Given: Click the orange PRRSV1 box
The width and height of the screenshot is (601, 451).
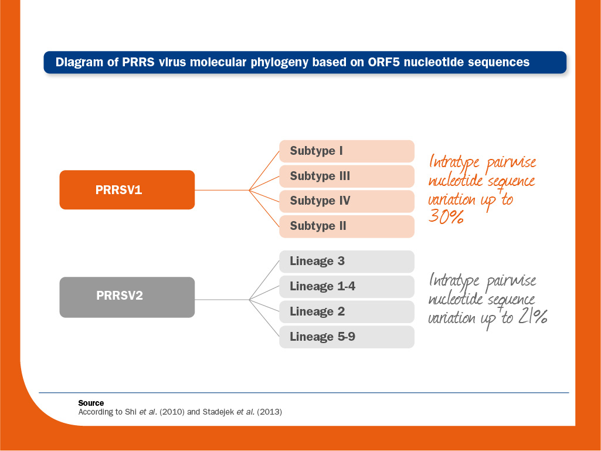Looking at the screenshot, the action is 127,190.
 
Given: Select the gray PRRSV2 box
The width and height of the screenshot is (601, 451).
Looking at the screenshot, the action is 127,297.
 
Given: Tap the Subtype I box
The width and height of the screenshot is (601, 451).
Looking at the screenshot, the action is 347,151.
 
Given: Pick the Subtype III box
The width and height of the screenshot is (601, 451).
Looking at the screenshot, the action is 347,177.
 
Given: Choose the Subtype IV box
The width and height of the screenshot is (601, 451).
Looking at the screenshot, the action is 347,201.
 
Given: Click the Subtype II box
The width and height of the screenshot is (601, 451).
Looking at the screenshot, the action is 347,226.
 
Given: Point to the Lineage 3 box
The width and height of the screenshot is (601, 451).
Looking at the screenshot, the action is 347,262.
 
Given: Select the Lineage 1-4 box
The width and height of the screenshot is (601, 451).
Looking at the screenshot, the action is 347,286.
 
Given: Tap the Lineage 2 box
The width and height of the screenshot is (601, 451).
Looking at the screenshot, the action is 347,312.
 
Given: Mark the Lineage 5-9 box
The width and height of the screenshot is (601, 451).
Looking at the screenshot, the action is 347,337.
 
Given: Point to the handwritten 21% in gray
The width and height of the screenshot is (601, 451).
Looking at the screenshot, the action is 533,317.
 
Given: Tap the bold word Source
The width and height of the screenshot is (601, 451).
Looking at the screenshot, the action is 91,403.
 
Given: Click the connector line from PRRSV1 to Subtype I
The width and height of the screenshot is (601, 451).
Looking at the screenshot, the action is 264,171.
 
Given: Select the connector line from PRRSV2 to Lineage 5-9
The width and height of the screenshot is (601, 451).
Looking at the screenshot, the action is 264,318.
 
